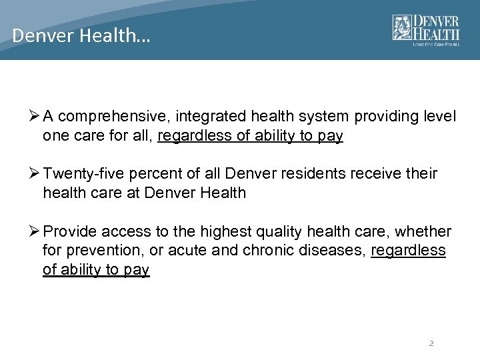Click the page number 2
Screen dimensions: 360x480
(x=431, y=343)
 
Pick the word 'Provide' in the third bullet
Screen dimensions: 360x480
(x=70, y=231)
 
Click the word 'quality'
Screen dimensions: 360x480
(x=287, y=231)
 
